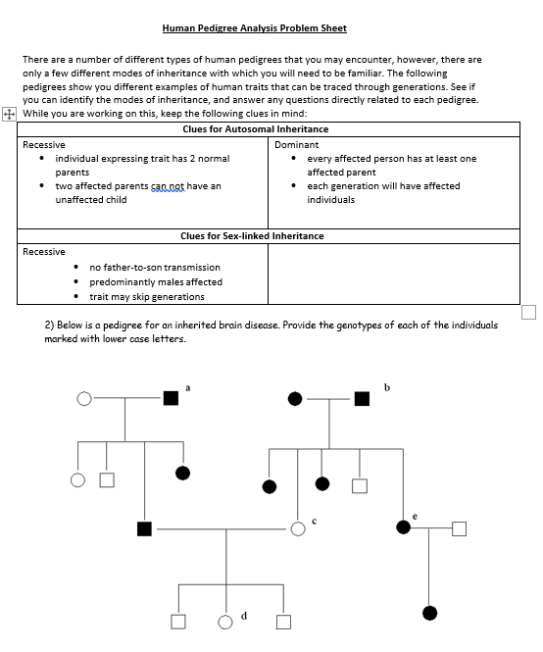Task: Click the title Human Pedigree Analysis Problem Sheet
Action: click(x=254, y=28)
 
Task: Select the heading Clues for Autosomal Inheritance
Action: click(x=255, y=129)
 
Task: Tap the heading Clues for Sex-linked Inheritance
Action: click(x=252, y=236)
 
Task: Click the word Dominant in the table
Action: click(x=296, y=144)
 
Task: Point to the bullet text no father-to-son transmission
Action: click(x=155, y=267)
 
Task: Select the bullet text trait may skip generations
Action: click(x=147, y=296)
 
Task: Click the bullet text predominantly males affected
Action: click(x=155, y=281)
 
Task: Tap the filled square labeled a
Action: click(x=172, y=398)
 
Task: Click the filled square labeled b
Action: click(x=362, y=398)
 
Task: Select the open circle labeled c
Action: click(x=298, y=529)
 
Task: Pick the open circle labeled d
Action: click(x=225, y=621)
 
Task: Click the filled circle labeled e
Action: click(x=403, y=527)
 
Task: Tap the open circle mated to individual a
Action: click(x=84, y=398)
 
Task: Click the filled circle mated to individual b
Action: click(x=295, y=398)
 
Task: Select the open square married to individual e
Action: click(x=459, y=528)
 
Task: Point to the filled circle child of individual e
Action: click(x=429, y=613)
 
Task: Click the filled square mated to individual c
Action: click(x=145, y=529)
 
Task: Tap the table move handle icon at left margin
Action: click(x=9, y=114)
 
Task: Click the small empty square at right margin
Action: click(x=529, y=312)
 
